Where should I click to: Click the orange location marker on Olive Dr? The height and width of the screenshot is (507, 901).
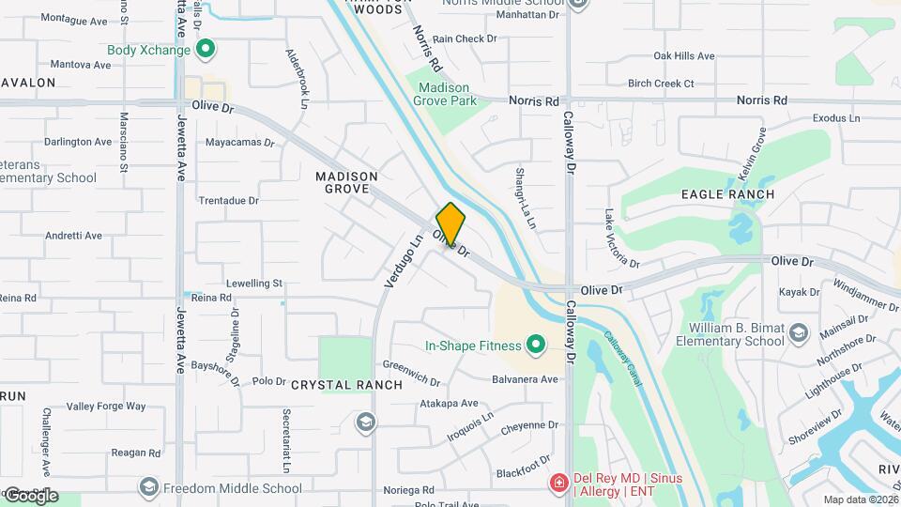point(450,223)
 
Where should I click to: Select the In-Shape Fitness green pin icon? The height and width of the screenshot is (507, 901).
point(536,346)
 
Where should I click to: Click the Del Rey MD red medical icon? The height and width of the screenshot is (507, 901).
point(559,484)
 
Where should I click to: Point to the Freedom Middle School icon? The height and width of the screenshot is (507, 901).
point(148,487)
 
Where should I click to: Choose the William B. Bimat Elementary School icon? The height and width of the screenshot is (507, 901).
point(798,332)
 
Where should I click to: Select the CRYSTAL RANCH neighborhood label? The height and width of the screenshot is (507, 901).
point(346,385)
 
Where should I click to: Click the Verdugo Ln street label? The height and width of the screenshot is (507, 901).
point(405,260)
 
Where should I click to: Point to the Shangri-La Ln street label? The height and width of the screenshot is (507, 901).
point(524,198)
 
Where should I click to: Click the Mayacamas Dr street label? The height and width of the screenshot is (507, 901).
point(239,144)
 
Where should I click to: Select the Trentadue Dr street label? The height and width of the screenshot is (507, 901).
point(228,201)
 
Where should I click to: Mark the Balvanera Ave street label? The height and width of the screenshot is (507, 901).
point(525,379)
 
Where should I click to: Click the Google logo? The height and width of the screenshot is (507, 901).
point(30,495)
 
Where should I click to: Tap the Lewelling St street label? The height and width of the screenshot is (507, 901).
point(253,283)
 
